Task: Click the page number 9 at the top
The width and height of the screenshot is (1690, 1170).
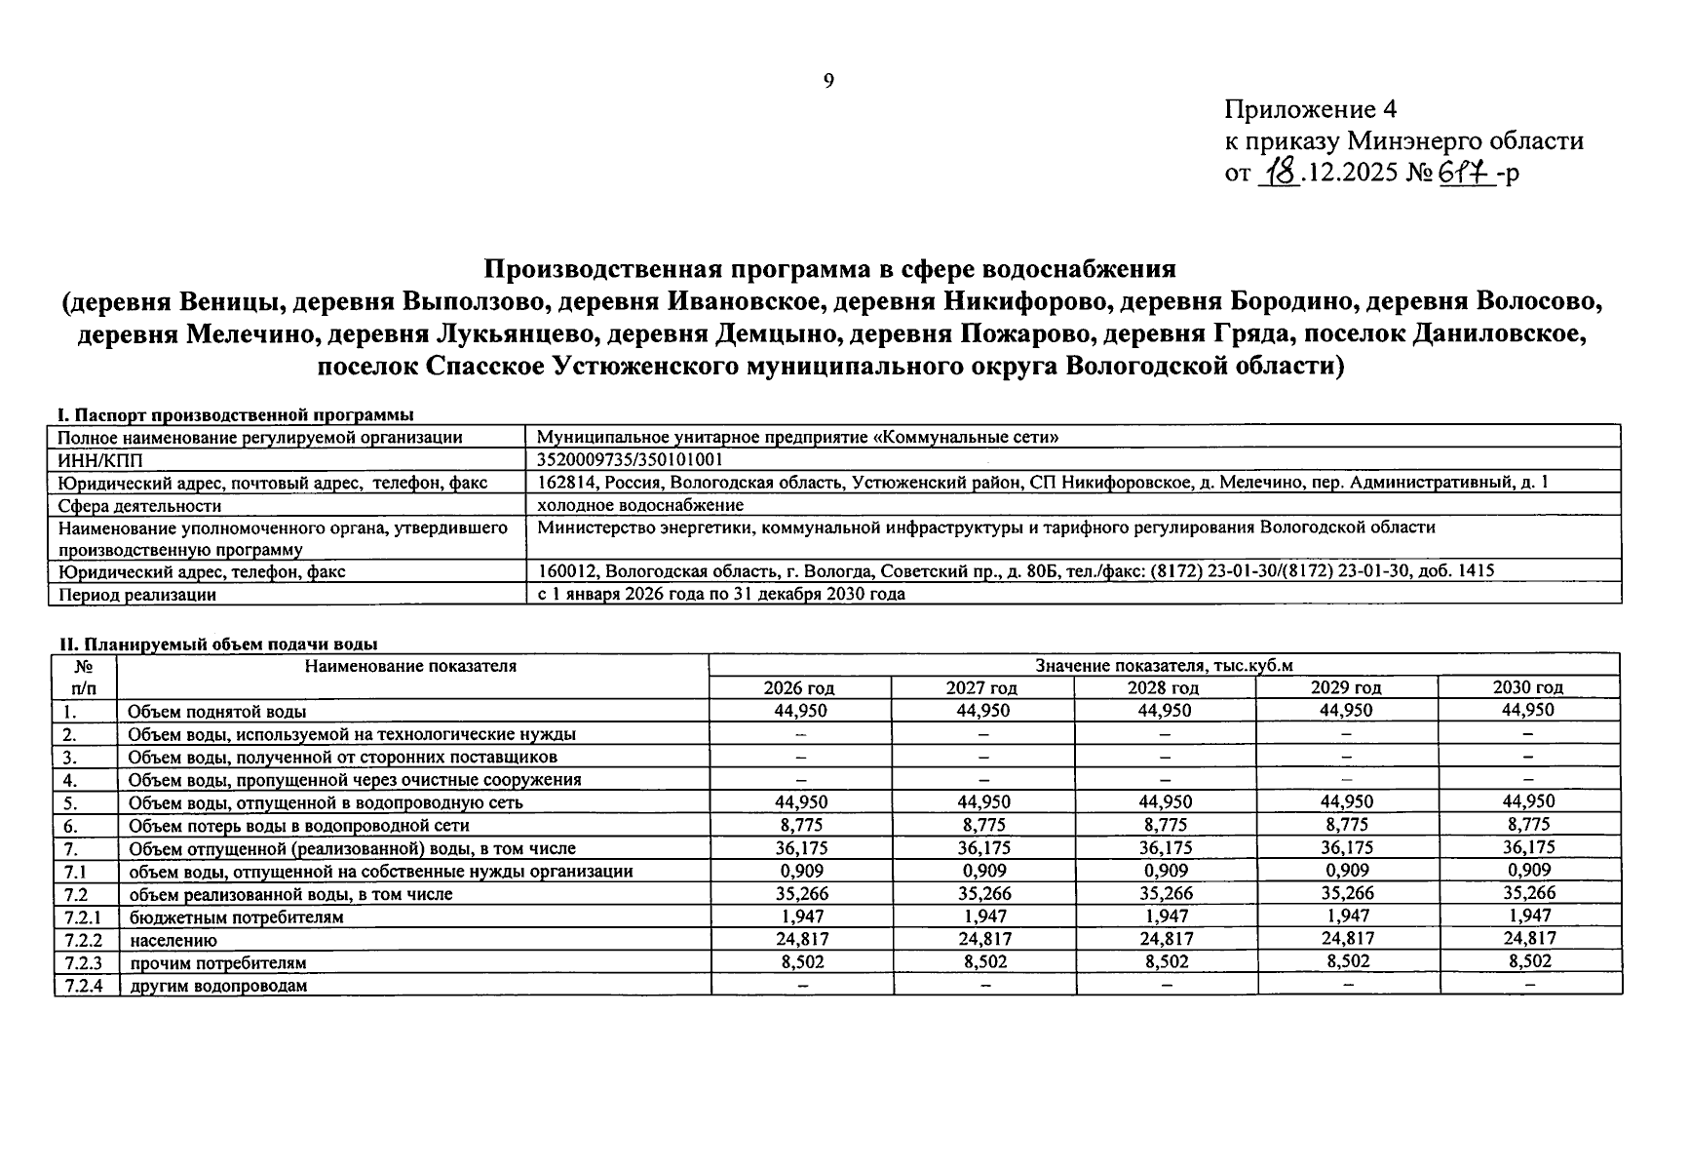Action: (828, 81)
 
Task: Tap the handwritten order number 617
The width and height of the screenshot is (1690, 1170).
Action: (1465, 174)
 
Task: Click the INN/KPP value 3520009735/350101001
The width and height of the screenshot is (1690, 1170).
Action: (630, 459)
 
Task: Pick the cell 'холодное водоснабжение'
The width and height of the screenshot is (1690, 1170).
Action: (639, 505)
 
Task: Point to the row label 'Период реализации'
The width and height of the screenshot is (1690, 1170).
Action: (137, 594)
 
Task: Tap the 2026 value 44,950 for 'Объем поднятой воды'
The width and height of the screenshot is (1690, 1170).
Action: (800, 711)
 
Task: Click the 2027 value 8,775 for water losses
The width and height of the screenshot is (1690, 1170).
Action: (983, 825)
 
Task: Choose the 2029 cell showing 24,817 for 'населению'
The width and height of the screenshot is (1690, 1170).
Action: (1347, 939)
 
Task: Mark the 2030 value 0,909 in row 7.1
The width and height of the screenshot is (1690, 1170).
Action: (1528, 871)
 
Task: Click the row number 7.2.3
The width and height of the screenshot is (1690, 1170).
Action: (84, 963)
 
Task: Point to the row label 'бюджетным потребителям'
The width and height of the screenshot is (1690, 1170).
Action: (236, 917)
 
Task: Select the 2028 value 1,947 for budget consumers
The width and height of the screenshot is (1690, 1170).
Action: (1166, 916)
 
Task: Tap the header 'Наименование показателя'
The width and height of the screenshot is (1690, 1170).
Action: (410, 666)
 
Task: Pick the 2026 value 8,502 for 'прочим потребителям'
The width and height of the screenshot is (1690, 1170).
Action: (800, 962)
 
